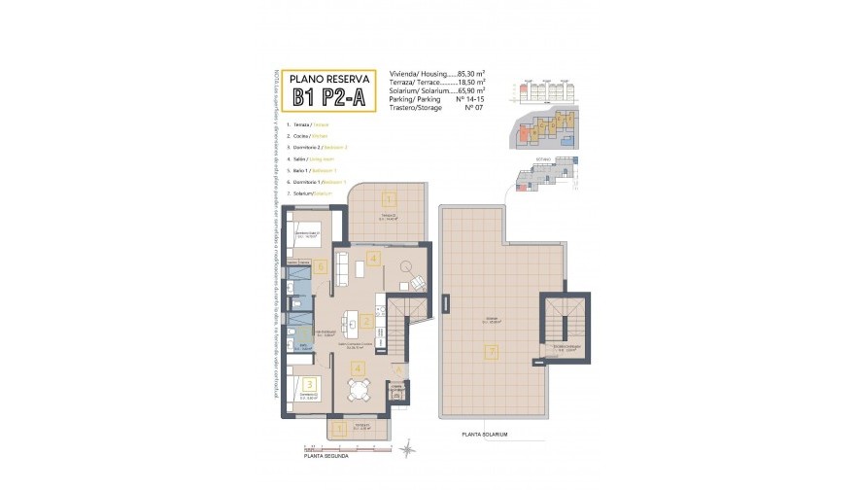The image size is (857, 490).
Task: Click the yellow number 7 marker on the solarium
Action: (x=492, y=352)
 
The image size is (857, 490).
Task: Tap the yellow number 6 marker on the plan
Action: (x=319, y=265)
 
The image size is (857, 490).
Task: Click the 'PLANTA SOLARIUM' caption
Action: (x=486, y=435)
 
